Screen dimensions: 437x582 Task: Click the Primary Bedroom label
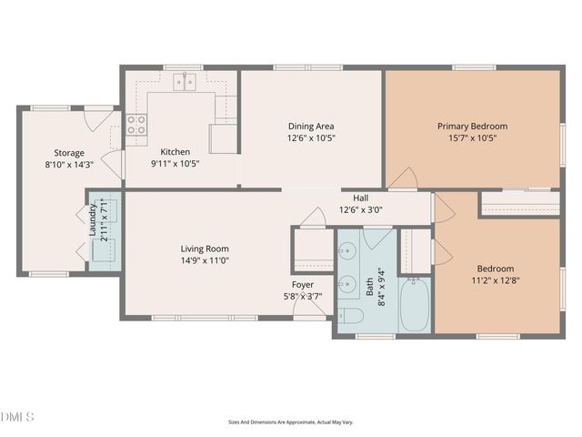472,127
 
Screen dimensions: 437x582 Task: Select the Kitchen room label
175,152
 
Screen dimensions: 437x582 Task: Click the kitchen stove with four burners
136,125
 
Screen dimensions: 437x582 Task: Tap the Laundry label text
93,220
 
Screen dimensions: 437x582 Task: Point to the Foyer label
302,285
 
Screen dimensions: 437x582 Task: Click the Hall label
360,198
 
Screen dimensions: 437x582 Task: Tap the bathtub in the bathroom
417,305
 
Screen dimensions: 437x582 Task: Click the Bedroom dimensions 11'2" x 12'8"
496,281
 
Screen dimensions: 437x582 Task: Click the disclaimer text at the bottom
290,422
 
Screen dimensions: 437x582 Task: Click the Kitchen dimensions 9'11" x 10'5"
175,164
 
